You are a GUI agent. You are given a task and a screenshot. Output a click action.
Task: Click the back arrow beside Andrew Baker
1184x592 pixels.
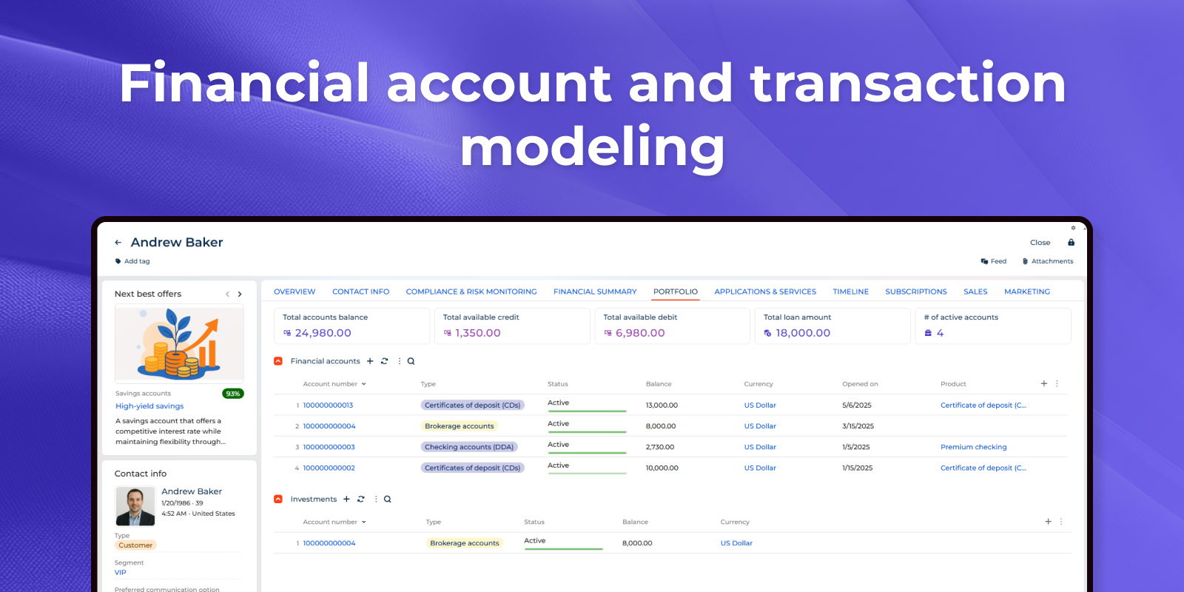tap(118, 243)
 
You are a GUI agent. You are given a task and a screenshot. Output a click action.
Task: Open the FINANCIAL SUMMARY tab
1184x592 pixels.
tap(595, 292)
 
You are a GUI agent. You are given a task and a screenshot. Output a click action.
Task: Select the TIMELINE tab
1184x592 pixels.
tap(850, 292)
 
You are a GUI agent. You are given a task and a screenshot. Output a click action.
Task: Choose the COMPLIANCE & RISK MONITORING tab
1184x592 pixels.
tap(471, 292)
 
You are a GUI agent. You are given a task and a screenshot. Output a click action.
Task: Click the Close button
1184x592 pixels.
tap(1040, 243)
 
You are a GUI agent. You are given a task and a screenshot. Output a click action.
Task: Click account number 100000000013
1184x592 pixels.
tap(328, 406)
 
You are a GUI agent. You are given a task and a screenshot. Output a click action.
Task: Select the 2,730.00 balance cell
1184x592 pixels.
tap(659, 447)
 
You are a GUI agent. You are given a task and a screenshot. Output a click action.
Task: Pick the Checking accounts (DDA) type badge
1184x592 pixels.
tap(469, 447)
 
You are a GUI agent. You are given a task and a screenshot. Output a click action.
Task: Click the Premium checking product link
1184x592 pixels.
tap(973, 447)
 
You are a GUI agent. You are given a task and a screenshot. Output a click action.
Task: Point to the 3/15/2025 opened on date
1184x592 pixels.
tap(858, 426)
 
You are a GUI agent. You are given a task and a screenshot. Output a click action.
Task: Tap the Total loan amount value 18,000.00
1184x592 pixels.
tap(803, 333)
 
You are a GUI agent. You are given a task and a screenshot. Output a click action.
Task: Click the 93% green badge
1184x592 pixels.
tap(233, 394)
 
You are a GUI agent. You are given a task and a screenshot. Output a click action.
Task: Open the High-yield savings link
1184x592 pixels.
tap(149, 406)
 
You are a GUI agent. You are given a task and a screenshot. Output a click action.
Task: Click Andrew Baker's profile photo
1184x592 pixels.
tap(135, 506)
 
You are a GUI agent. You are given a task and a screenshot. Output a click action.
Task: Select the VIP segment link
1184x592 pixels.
tap(121, 573)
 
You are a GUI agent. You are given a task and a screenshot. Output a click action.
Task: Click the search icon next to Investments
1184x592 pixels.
tap(388, 499)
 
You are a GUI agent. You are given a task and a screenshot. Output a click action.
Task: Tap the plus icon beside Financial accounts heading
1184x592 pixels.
tap(370, 361)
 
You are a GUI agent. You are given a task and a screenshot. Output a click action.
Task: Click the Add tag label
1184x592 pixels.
tap(137, 261)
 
